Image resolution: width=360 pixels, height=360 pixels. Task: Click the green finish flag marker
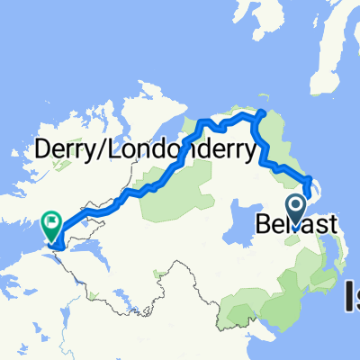(51, 219)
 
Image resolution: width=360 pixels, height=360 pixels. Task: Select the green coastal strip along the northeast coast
(283, 148)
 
